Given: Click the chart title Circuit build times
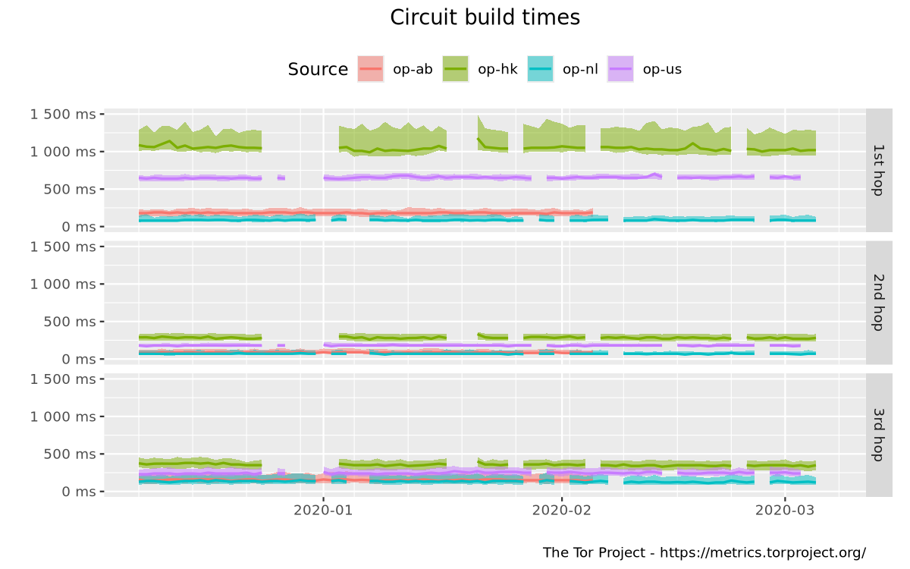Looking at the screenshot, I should pyautogui.click(x=485, y=17).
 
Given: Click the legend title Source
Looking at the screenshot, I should pyautogui.click(x=317, y=70).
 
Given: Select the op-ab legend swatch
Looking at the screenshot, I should pyautogui.click(x=370, y=70).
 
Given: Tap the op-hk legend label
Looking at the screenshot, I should pyautogui.click(x=497, y=70).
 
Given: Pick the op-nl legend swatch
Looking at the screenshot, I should pyautogui.click(x=540, y=70).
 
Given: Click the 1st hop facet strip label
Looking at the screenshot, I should pyautogui.click(x=878, y=170).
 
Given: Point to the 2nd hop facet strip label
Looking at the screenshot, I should pyautogui.click(x=878, y=302).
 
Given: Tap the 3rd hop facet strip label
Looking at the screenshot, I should pyautogui.click(x=878, y=435).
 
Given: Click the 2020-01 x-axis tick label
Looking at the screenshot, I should pyautogui.click(x=324, y=510).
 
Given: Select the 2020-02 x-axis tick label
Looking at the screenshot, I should pyautogui.click(x=562, y=510).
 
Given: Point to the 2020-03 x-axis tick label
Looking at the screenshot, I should pyautogui.click(x=785, y=510).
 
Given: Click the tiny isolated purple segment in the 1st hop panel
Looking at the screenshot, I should pyautogui.click(x=281, y=178).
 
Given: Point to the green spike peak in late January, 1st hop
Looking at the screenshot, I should pyautogui.click(x=479, y=117).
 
